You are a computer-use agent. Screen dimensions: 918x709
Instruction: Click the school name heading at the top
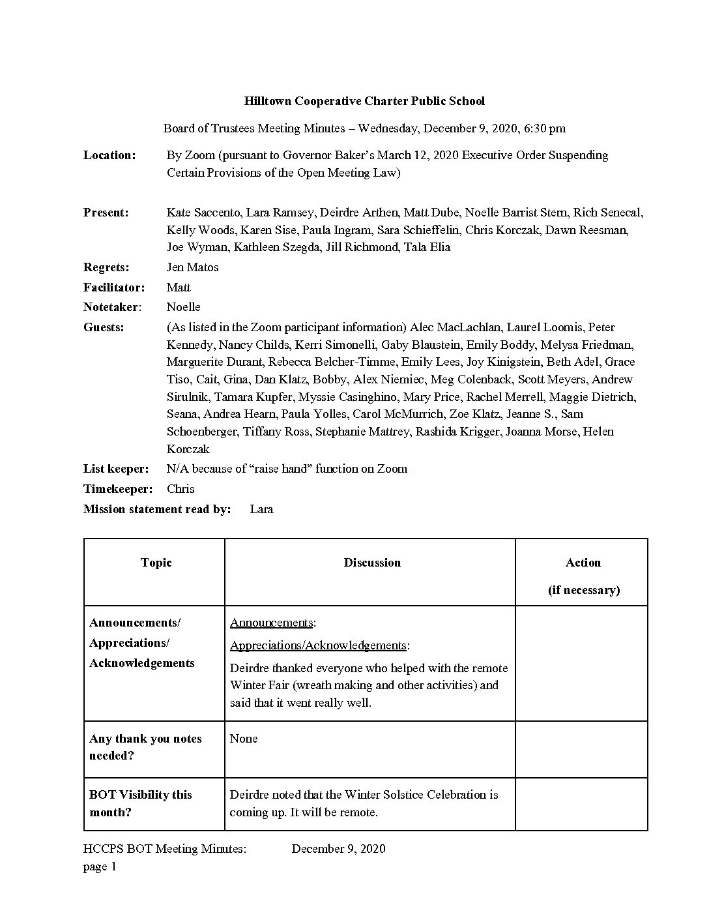click(364, 101)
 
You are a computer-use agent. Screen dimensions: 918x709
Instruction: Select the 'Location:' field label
click(109, 155)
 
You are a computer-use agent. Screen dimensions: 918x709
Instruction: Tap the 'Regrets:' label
click(106, 267)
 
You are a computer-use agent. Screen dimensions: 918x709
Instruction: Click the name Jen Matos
click(192, 267)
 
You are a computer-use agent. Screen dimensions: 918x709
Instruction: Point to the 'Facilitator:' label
click(114, 288)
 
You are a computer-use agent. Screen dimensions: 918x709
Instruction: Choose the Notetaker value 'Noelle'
click(183, 307)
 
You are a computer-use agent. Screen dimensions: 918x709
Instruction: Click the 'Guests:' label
click(104, 327)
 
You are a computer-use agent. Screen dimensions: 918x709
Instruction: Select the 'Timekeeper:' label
click(118, 489)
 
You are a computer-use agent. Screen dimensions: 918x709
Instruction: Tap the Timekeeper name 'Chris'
click(181, 489)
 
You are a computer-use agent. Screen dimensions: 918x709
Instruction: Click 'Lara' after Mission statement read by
click(261, 509)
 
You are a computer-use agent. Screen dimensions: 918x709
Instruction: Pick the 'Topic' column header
click(156, 563)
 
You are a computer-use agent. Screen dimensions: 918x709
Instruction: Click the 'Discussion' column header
click(372, 563)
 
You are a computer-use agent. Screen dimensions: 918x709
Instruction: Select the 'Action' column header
click(583, 563)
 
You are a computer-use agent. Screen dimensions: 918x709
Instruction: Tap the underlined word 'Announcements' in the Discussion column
click(271, 623)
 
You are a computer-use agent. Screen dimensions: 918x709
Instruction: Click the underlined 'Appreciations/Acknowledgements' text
click(318, 645)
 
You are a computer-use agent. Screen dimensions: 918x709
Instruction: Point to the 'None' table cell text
click(244, 739)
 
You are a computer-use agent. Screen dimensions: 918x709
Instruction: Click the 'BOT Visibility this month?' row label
click(141, 803)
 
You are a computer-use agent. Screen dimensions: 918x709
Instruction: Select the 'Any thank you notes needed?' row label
click(145, 747)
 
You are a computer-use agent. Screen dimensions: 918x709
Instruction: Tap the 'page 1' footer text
click(100, 866)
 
